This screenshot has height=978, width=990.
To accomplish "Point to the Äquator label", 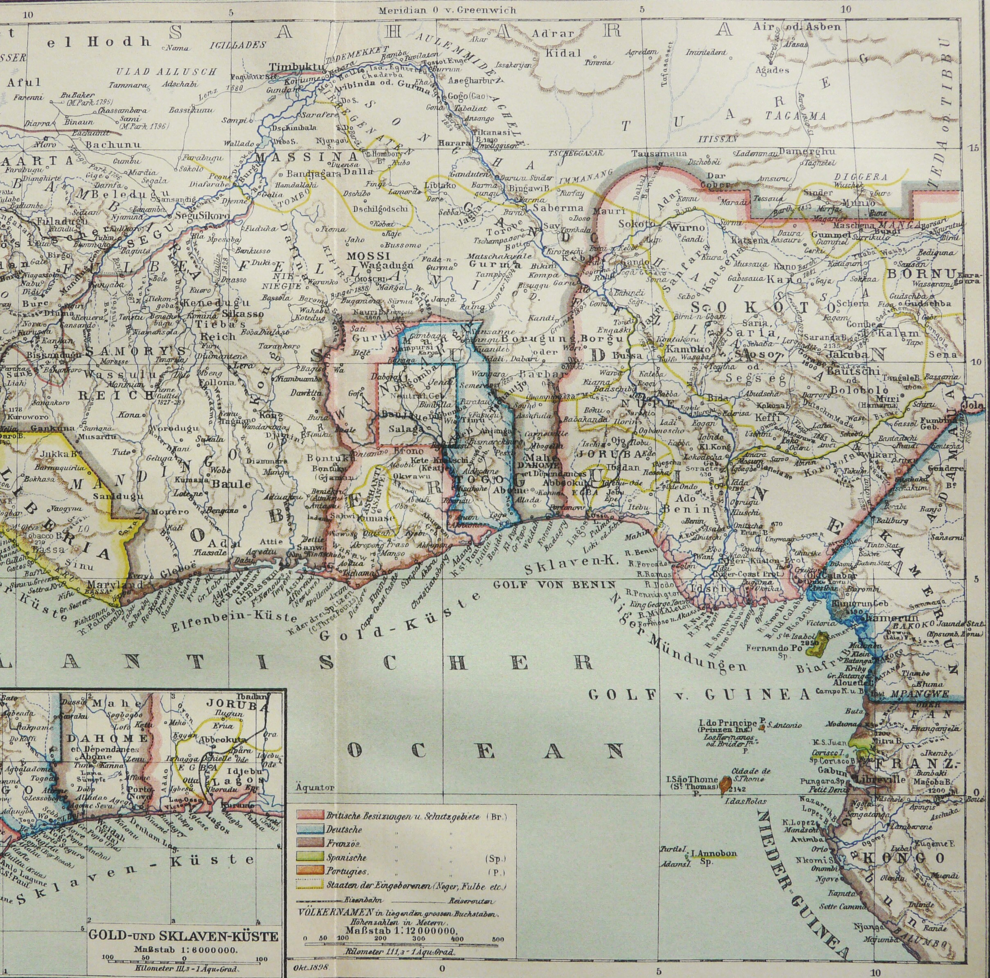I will click(x=314, y=787).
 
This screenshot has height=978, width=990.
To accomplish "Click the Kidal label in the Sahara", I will click(x=564, y=52).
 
